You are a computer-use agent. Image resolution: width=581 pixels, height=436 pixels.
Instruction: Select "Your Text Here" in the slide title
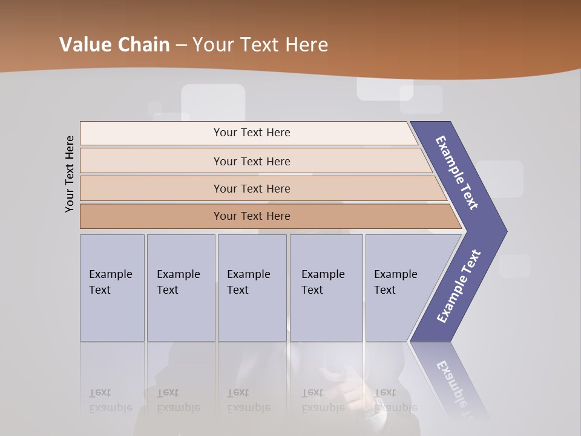click(260, 45)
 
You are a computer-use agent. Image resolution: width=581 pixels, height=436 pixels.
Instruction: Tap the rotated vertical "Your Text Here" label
click(70, 174)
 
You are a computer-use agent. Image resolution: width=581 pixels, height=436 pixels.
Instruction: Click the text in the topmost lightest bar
click(252, 133)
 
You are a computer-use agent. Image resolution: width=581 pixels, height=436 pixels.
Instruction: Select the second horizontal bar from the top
click(252, 161)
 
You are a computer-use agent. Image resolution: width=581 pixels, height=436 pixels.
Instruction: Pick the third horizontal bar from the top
click(252, 188)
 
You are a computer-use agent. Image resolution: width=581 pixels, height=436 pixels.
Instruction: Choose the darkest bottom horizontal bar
click(252, 216)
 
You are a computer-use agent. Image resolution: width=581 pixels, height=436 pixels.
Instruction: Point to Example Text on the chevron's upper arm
click(458, 173)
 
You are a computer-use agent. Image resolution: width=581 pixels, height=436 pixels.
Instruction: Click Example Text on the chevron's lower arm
click(459, 286)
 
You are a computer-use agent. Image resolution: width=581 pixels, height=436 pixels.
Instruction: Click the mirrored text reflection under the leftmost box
click(110, 400)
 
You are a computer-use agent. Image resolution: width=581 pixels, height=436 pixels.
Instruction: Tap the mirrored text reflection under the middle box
click(249, 400)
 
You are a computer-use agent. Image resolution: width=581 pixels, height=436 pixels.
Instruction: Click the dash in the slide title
click(181, 45)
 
